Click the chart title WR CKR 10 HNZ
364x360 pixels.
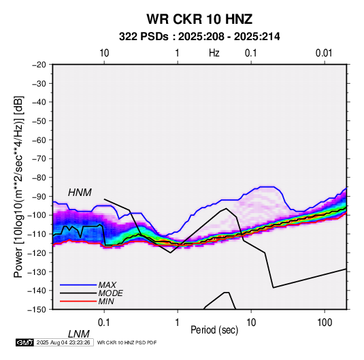click(x=199, y=19)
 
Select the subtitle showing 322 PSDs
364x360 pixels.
click(x=199, y=37)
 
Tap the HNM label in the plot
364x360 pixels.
click(x=80, y=193)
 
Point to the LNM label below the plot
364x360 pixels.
click(x=78, y=334)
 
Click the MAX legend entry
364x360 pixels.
click(x=107, y=284)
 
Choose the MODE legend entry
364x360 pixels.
click(x=110, y=293)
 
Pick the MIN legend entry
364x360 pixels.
click(x=106, y=301)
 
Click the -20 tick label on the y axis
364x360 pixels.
click(x=39, y=65)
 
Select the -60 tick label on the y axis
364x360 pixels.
click(x=39, y=140)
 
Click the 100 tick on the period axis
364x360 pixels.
click(x=325, y=322)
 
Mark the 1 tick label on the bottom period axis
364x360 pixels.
click(x=177, y=322)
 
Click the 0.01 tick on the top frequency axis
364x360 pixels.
click(x=324, y=53)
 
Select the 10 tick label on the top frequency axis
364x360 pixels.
click(x=104, y=53)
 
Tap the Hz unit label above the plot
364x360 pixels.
click(x=214, y=53)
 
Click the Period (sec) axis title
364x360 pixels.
click(x=214, y=330)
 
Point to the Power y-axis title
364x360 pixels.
click(x=18, y=186)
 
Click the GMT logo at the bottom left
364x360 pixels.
click(x=25, y=342)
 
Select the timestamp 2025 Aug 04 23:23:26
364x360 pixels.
click(x=63, y=342)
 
